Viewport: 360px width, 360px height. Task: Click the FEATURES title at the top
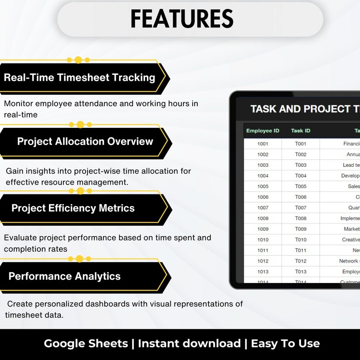[182, 19]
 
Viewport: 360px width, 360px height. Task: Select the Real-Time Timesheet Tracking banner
[79, 78]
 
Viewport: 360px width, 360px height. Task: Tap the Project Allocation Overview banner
[85, 141]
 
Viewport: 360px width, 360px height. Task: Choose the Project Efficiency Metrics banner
[73, 208]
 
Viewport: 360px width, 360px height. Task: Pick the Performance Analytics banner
[64, 276]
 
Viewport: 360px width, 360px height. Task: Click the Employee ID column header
[263, 131]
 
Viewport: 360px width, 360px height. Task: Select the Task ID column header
[301, 131]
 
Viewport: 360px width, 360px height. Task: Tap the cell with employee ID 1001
[263, 144]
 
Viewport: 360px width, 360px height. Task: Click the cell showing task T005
[301, 186]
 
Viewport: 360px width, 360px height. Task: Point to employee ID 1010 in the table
[263, 240]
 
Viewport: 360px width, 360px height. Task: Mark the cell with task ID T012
[301, 261]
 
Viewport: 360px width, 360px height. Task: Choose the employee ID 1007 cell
[263, 208]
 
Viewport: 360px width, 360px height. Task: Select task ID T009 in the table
[301, 229]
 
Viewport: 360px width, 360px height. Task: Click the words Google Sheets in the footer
[86, 344]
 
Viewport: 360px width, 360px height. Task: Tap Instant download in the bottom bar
[189, 344]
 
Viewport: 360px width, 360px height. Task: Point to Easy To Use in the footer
[285, 344]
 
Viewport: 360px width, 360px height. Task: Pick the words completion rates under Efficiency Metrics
[35, 249]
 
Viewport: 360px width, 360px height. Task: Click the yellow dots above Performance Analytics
[79, 259]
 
